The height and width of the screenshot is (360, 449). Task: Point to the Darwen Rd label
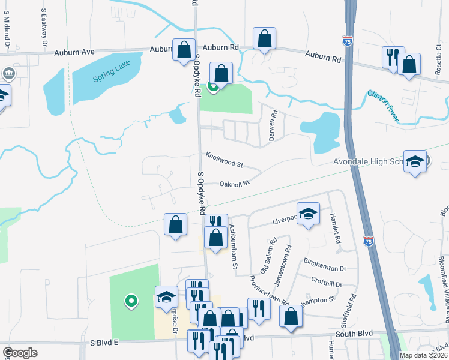(274, 121)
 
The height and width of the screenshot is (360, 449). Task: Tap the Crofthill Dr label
(327, 284)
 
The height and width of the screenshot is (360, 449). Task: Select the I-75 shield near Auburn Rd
(348, 41)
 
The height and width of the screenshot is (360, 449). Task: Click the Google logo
(20, 353)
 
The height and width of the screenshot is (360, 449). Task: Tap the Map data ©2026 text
(423, 355)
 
